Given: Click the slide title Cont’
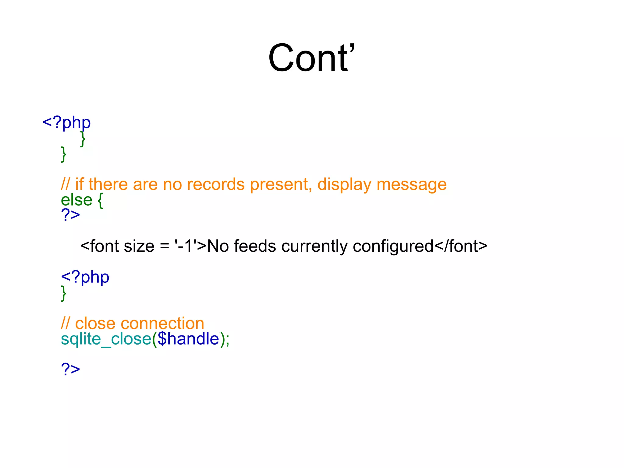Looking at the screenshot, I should coord(311,58).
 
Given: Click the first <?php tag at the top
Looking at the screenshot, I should coord(66,123).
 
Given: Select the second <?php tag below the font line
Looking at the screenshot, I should coord(85,277).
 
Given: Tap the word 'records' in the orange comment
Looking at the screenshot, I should coord(216,184).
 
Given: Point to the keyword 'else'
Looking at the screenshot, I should coord(76,200).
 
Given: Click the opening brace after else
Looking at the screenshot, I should coord(100,200).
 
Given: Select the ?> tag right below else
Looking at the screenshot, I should coord(70,215).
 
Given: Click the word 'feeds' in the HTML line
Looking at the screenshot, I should coord(255,246).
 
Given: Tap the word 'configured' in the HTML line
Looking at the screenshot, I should coord(393,246).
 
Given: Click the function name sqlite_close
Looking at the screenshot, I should coord(106,339).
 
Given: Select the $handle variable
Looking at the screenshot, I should coord(189,339).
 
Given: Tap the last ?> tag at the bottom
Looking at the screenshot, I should coord(70,369).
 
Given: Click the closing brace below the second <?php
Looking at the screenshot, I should coord(64,293).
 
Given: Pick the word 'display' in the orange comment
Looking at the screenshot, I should coord(344,184).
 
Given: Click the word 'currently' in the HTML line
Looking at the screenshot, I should coord(314,246).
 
